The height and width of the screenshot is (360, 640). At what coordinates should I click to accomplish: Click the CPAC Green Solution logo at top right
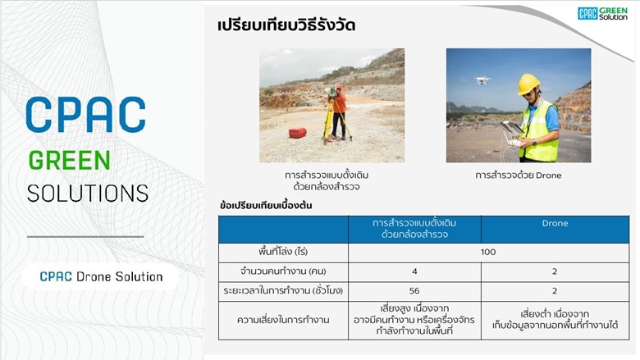(602, 13)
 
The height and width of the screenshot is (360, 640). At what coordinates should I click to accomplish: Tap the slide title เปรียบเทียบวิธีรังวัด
(286, 25)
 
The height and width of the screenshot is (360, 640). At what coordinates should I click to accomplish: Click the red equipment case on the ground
(298, 133)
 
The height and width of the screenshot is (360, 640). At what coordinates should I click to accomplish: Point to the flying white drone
(482, 80)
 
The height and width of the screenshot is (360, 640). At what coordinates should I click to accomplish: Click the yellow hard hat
(528, 84)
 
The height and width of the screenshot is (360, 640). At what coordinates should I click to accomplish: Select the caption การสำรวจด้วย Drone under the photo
(519, 175)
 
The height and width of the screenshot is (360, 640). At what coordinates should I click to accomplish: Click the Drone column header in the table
(555, 223)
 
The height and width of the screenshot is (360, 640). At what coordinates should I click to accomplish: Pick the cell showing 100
(488, 252)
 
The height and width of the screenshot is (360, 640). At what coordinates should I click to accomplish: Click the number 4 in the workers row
(414, 271)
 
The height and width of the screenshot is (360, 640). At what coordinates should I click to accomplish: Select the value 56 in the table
(414, 290)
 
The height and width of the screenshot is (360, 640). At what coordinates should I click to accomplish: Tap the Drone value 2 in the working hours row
(555, 290)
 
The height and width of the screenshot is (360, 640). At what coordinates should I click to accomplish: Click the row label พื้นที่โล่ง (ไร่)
(283, 252)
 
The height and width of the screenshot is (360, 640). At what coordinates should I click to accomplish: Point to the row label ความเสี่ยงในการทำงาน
(283, 320)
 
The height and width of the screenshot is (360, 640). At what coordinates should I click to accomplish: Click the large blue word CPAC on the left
(85, 115)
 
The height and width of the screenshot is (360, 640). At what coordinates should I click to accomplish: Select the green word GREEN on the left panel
(70, 160)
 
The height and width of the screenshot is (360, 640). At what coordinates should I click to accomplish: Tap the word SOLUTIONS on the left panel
(88, 194)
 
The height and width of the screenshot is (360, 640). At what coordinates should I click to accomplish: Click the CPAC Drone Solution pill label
(101, 277)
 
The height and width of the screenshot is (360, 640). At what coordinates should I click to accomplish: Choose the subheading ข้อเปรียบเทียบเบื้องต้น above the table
(266, 205)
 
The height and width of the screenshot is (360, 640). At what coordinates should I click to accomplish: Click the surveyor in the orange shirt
(338, 112)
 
